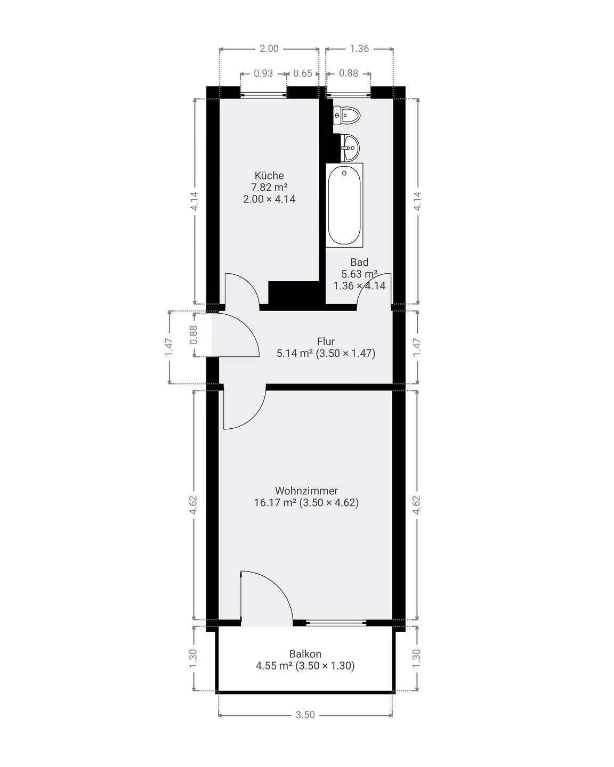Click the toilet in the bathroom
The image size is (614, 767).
[346, 115]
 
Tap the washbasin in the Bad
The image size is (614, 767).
[349, 147]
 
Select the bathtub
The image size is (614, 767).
[344, 205]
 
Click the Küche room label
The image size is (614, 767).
[269, 175]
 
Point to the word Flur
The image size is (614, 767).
[326, 341]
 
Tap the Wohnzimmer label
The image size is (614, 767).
[306, 491]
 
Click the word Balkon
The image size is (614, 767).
[305, 654]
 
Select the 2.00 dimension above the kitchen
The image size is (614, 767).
[269, 48]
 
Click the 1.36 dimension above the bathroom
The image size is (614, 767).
[359, 48]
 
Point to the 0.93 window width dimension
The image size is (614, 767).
[263, 74]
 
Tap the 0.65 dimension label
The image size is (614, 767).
[303, 74]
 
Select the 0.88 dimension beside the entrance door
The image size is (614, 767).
[193, 335]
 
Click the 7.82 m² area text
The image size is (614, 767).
[269, 187]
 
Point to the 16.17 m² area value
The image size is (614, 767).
[275, 502]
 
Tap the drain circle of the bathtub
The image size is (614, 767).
[344, 173]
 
